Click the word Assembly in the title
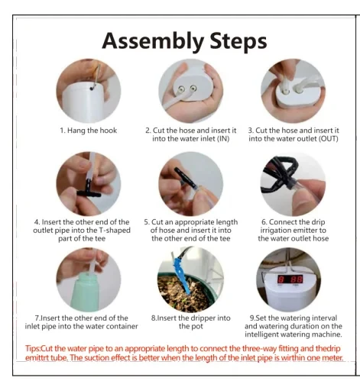tap(153, 41)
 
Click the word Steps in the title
tap(238, 40)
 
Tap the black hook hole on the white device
tap(92, 89)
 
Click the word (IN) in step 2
tap(223, 139)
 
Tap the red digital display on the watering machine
tap(290, 279)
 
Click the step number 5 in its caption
tap(146, 222)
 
